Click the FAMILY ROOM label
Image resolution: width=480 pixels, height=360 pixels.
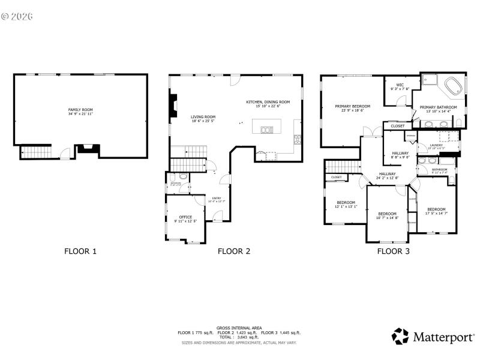click(x=80, y=110)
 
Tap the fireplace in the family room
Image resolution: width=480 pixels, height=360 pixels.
click(x=86, y=148)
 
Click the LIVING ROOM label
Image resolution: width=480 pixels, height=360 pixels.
click(x=203, y=116)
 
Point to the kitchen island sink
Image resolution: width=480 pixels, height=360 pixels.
click(x=266, y=129)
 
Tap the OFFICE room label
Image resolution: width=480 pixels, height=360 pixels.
click(x=185, y=217)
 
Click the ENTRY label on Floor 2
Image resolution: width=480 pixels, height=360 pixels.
click(x=216, y=199)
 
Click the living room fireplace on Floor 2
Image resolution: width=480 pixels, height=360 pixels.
click(x=173, y=106)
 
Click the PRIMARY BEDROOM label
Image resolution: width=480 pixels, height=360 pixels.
click(x=352, y=106)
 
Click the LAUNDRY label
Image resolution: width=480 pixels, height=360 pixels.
click(x=436, y=145)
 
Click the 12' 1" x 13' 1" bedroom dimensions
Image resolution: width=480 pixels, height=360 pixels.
click(x=346, y=206)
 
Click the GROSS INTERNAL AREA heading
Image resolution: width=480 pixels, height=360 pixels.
click(x=239, y=328)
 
